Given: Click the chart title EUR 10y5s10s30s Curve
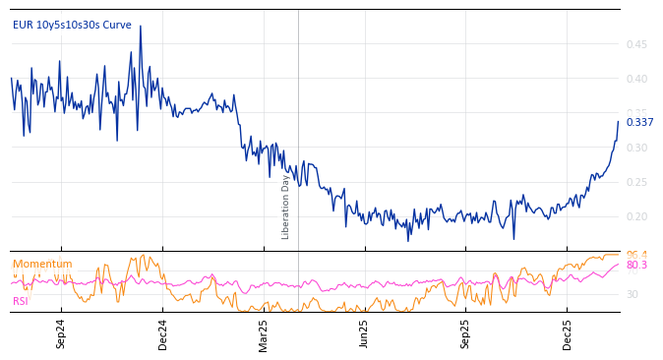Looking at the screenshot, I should (72, 25).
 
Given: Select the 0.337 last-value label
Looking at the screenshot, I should (639, 122).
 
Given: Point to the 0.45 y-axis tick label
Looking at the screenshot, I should (635, 44).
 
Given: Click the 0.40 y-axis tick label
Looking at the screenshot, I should (635, 79).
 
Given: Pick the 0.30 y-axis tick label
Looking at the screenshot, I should (635, 148).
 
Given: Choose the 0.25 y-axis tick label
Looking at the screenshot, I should (635, 182).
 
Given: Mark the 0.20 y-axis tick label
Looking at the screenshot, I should (635, 216).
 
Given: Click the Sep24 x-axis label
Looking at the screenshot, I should (61, 334).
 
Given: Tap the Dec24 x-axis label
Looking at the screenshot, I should (162, 334).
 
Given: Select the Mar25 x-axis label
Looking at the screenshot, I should (264, 334).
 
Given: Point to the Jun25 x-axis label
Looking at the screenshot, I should (365, 334).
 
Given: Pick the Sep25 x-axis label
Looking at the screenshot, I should (466, 334).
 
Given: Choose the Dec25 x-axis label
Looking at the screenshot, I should (568, 334).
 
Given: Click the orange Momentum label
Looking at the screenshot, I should (42, 264).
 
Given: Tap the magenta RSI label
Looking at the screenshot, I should (21, 301).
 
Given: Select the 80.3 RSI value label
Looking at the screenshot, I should (636, 266).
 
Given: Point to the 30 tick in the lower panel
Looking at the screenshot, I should (632, 294).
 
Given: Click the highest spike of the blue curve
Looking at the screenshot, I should (140, 27).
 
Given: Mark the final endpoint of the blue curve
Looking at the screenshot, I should (618, 122).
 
